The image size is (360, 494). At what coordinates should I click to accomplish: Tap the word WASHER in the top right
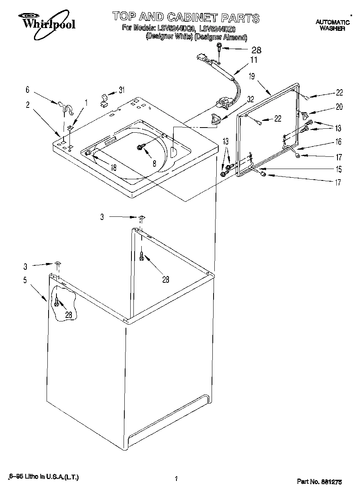pyautogui.click(x=332, y=28)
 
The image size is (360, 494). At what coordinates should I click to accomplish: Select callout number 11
pyautogui.click(x=253, y=60)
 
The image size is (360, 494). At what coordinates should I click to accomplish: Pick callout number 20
pyautogui.click(x=339, y=107)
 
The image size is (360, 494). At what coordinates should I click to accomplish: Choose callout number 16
pyautogui.click(x=338, y=142)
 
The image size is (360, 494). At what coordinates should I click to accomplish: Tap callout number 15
pyautogui.click(x=338, y=169)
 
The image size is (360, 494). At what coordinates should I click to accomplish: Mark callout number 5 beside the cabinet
pyautogui.click(x=25, y=280)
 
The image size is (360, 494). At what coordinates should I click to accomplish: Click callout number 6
pyautogui.click(x=28, y=90)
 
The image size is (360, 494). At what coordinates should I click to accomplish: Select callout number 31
pyautogui.click(x=122, y=90)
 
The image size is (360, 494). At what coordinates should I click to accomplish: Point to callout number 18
pyautogui.click(x=113, y=167)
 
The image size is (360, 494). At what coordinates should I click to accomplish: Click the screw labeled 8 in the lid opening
pyautogui.click(x=140, y=147)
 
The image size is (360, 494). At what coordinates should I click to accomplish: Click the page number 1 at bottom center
pyautogui.click(x=176, y=479)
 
